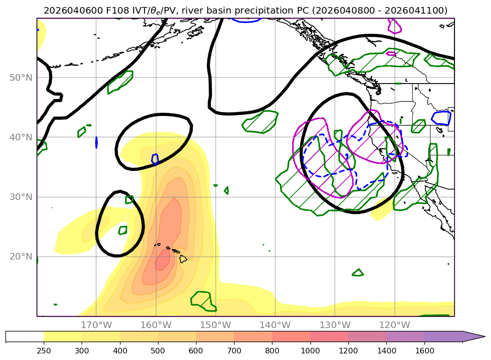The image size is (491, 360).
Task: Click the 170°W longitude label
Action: tap(96, 325)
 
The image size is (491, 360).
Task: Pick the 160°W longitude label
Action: tap(156, 325)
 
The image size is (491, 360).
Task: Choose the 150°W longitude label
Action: tap(215, 325)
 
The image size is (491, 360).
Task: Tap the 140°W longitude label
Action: tap(275, 325)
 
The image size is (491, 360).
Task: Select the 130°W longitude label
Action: tap(334, 325)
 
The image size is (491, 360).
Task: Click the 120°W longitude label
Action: tap(394, 325)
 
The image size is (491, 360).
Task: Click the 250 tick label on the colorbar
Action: tap(44, 350)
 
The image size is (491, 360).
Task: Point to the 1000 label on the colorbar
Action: tap(310, 350)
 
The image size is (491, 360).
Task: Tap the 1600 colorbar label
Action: tap(424, 350)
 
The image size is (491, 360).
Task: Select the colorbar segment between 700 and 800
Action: tap(253, 337)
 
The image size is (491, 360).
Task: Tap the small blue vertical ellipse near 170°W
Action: tap(96, 142)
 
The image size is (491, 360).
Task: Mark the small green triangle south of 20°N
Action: tap(358, 272)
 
